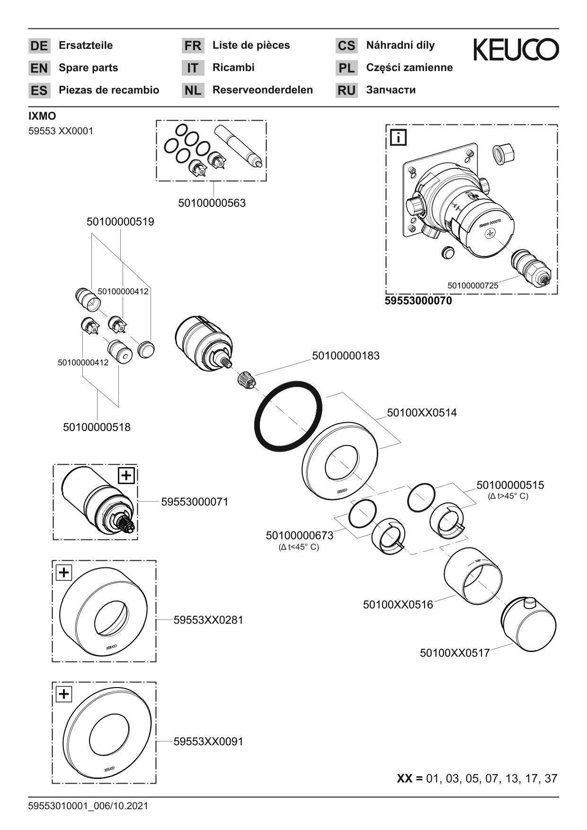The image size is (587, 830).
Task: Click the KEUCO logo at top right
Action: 516,50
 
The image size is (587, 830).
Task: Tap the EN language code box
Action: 39,68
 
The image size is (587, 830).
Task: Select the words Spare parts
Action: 88,68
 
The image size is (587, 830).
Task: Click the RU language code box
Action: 347,90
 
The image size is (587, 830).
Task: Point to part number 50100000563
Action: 212,203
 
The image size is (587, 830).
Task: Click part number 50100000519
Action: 120,221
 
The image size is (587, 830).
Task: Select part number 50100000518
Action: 97,427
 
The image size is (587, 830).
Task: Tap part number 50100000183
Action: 346,355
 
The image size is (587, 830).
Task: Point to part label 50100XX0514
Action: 422,413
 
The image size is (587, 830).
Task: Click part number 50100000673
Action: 299,535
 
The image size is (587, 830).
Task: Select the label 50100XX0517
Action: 454,653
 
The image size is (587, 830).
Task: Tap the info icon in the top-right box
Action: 398,138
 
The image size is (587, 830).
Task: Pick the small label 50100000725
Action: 472,285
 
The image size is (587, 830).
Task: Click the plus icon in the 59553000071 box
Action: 126,475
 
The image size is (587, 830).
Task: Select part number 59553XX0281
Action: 208,619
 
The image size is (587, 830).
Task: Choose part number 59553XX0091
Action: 208,742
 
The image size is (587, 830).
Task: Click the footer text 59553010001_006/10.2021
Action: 88,806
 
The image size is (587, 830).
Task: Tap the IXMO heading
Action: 42,116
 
